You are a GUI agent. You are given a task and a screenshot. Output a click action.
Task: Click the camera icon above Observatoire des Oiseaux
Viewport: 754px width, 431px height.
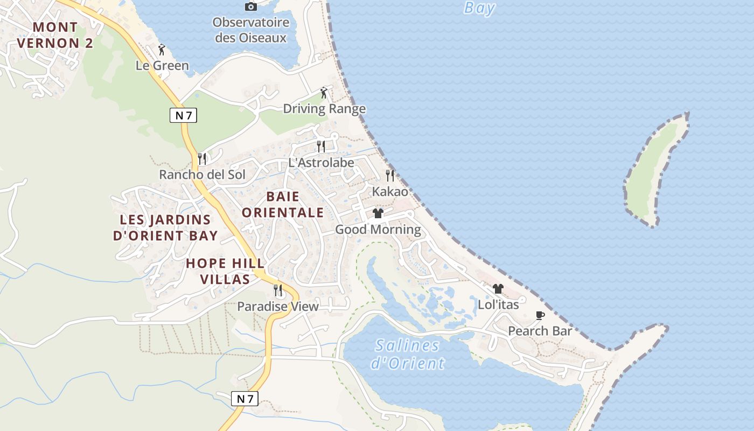[x=250, y=6]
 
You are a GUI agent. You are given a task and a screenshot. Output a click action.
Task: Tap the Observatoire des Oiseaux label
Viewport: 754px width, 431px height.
[x=250, y=30]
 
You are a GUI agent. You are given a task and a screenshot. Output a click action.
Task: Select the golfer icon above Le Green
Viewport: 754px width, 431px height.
[x=162, y=50]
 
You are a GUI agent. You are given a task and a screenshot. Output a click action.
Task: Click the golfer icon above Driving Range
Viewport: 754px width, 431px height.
[x=324, y=93]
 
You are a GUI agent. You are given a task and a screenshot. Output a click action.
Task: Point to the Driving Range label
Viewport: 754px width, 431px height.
[x=324, y=109]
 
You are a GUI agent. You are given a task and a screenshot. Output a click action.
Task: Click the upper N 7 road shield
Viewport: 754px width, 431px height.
[x=184, y=115]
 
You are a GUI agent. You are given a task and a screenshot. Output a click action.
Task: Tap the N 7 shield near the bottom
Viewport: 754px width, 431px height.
[x=245, y=399]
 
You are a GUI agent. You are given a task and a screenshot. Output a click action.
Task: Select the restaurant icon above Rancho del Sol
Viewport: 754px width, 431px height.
[x=202, y=158]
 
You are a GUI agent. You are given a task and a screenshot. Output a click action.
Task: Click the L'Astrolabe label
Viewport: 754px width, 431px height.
[x=321, y=163]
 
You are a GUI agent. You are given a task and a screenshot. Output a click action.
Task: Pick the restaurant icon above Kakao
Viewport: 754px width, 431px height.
[x=390, y=176]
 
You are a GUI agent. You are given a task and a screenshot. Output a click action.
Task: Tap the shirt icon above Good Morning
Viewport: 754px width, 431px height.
[x=378, y=213]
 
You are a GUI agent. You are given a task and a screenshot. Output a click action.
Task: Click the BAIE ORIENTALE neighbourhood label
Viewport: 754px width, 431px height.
[x=283, y=205]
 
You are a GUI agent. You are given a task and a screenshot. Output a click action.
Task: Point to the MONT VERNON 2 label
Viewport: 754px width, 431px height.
[x=55, y=35]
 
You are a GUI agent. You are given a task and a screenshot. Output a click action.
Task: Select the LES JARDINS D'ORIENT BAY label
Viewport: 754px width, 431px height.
[x=165, y=227]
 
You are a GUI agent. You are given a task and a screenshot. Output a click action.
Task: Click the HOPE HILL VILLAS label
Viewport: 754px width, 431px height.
[x=225, y=271]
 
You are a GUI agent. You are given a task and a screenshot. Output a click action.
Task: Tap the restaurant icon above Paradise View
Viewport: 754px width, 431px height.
[x=278, y=290]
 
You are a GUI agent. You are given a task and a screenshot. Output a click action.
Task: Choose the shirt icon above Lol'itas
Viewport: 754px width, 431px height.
[x=498, y=289]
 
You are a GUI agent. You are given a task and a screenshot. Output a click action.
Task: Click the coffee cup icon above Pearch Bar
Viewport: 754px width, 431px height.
[x=540, y=315]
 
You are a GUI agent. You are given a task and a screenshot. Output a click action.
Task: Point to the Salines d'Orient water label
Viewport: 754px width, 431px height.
[x=408, y=354]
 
